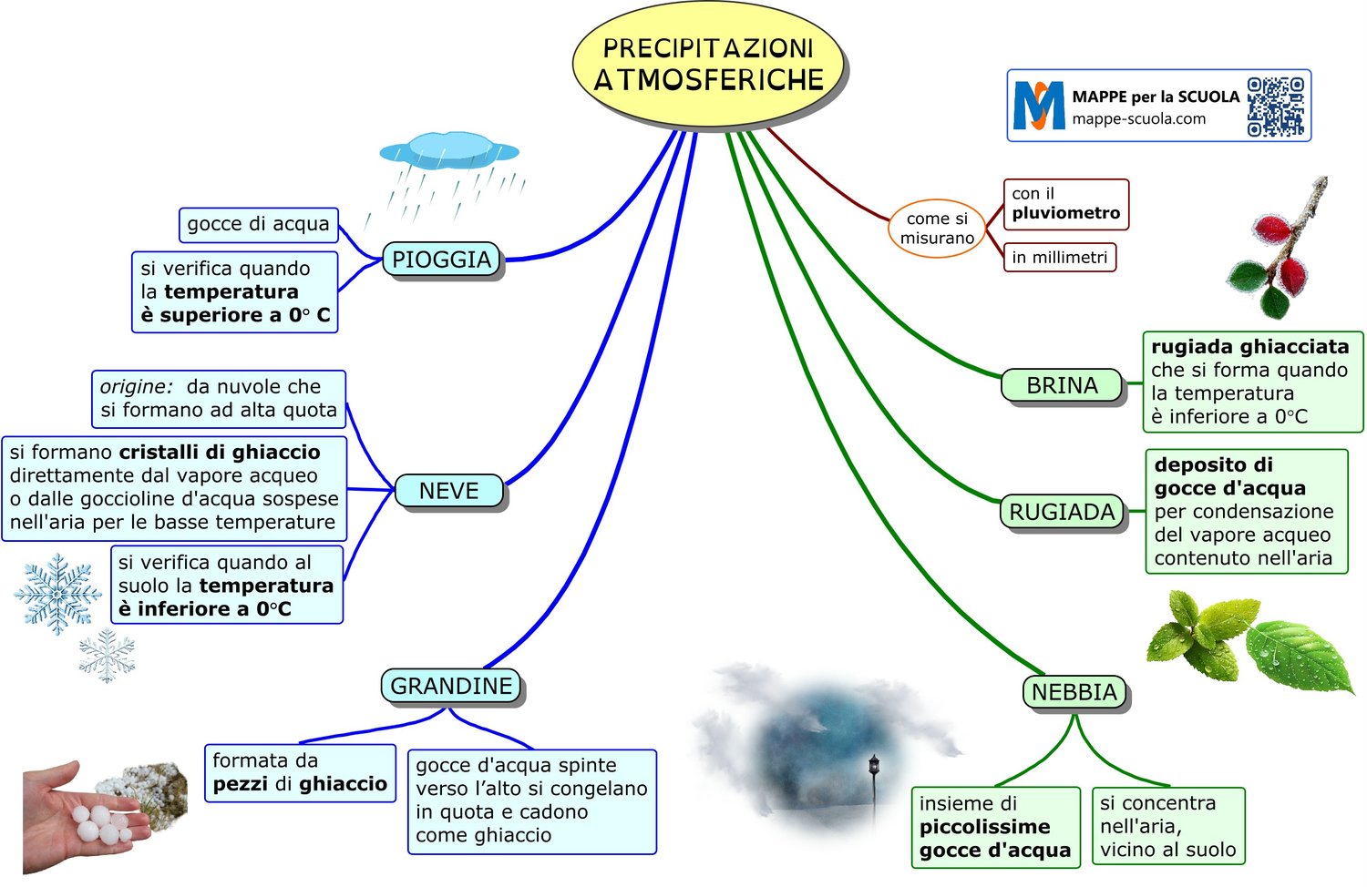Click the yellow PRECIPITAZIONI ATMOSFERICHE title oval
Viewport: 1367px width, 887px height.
(x=708, y=64)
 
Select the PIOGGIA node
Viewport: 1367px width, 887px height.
(x=442, y=260)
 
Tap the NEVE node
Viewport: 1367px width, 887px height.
(x=449, y=491)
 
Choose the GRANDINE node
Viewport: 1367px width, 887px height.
(x=451, y=686)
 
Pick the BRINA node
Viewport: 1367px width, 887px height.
(x=1063, y=385)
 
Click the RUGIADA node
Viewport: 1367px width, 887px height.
(x=1063, y=512)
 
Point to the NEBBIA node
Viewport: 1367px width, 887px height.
(x=1074, y=692)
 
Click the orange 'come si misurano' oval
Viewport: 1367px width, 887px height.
(x=937, y=229)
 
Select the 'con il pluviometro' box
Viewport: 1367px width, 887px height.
(x=1065, y=204)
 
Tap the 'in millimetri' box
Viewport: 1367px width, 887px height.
(x=1059, y=257)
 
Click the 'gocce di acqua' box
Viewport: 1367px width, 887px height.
(x=258, y=224)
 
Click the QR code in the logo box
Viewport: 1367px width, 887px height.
(x=1275, y=107)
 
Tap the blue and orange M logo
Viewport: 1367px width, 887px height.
(x=1039, y=106)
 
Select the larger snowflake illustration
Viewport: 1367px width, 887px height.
(x=57, y=594)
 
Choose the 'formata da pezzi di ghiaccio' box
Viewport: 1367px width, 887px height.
(x=300, y=772)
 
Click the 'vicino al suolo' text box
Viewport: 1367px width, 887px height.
(x=1167, y=826)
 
